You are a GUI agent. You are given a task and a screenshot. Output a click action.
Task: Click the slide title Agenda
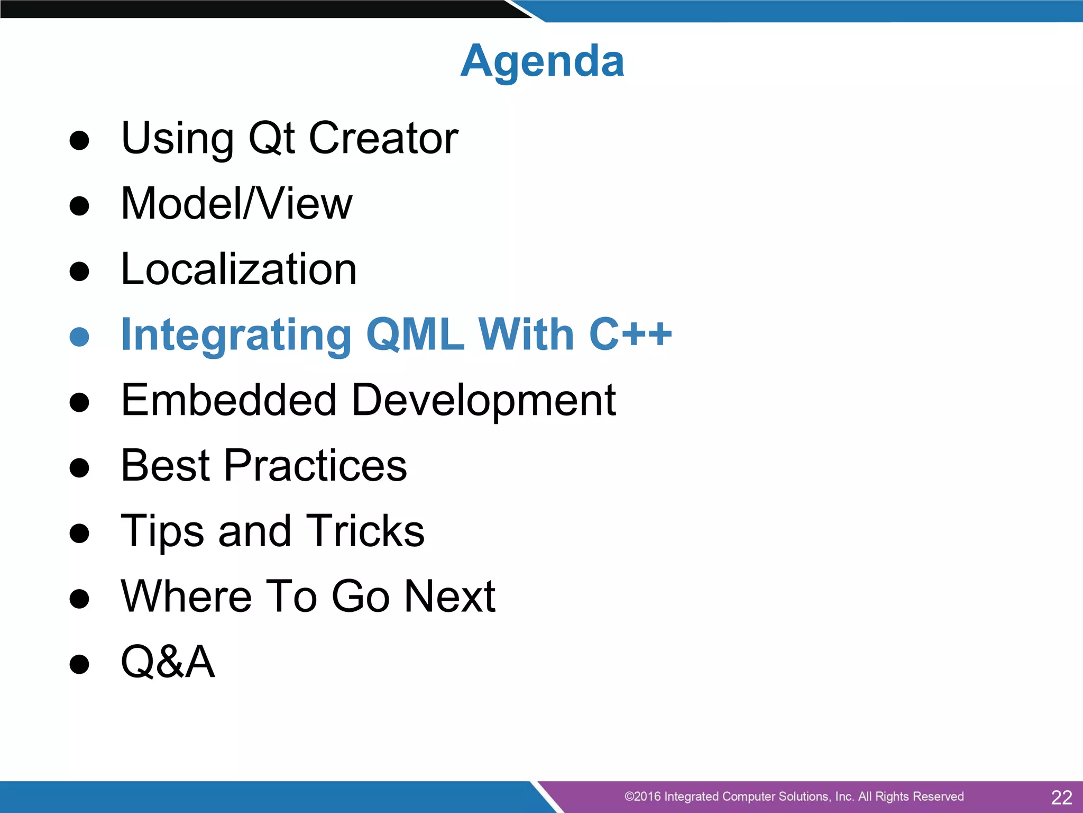542,61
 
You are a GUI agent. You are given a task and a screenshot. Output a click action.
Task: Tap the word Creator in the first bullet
383,138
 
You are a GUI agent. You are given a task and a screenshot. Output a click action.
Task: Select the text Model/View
236,204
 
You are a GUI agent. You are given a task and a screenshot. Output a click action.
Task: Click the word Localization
239,269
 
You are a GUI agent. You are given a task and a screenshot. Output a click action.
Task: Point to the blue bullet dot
79,337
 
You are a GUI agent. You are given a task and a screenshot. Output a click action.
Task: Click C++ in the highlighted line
630,335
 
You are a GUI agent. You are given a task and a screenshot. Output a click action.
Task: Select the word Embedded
228,400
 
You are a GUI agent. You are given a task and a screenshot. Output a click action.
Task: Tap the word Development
483,401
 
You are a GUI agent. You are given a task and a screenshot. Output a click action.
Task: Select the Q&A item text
168,662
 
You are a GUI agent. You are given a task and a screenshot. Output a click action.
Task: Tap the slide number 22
1061,797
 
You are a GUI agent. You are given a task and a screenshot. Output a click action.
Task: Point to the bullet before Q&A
79,664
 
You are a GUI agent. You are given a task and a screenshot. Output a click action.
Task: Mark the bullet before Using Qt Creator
79,141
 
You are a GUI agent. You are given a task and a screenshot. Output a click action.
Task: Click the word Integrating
236,336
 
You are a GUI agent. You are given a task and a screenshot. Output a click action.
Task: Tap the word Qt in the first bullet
271,138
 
